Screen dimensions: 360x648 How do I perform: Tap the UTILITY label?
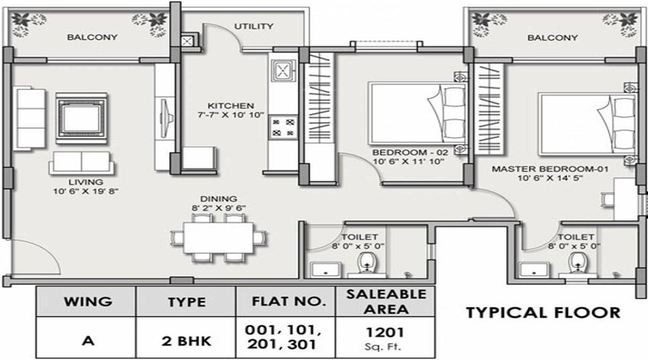(x=253, y=27)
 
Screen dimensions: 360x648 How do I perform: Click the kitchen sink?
(x=282, y=71)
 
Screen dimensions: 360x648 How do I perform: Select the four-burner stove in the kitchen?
(x=282, y=127)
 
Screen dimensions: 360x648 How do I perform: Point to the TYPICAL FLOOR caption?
(x=543, y=312)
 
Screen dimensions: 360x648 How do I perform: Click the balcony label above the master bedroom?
(x=552, y=37)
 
